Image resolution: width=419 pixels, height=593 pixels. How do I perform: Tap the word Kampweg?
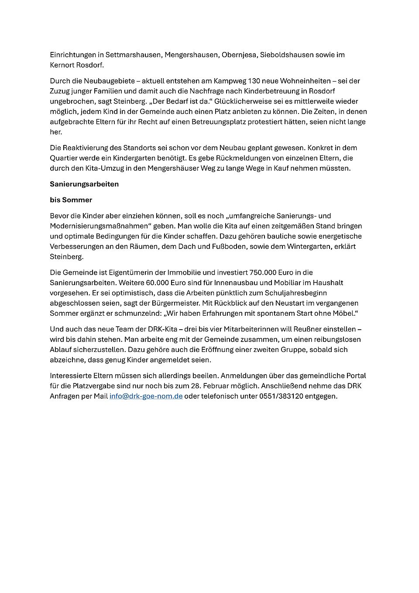tap(231, 81)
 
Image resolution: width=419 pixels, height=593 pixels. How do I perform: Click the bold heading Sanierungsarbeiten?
tap(84, 184)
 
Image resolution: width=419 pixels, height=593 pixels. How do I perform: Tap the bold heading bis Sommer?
tap(71, 200)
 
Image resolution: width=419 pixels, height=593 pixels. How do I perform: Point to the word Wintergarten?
tap(309, 246)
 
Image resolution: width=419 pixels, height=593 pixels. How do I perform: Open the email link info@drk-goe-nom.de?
tap(146, 396)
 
